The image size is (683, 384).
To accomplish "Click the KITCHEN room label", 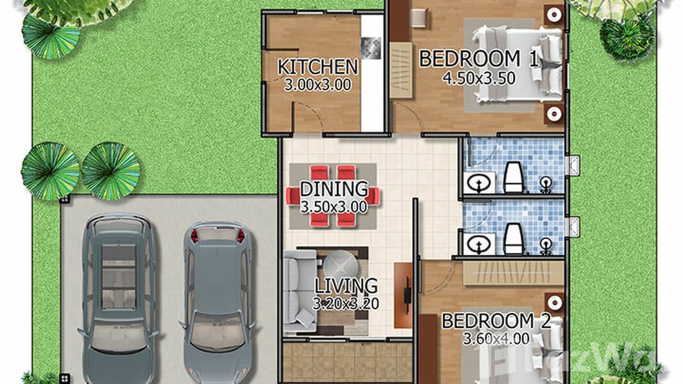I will [317, 67].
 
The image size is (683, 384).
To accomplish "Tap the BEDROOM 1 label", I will [478, 59].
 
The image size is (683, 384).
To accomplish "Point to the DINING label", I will [333, 189].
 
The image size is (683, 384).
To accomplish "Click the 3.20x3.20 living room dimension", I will [346, 304].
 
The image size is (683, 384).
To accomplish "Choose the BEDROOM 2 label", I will [496, 321].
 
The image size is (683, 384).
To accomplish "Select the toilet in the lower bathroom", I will [514, 238].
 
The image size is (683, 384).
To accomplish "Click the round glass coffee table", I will [340, 265].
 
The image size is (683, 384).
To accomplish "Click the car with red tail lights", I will [218, 300].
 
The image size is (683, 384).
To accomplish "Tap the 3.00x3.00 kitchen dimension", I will [317, 85].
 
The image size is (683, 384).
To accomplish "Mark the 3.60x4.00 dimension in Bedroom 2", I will [496, 338].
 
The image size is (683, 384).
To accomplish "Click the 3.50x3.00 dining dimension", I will [333, 207].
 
